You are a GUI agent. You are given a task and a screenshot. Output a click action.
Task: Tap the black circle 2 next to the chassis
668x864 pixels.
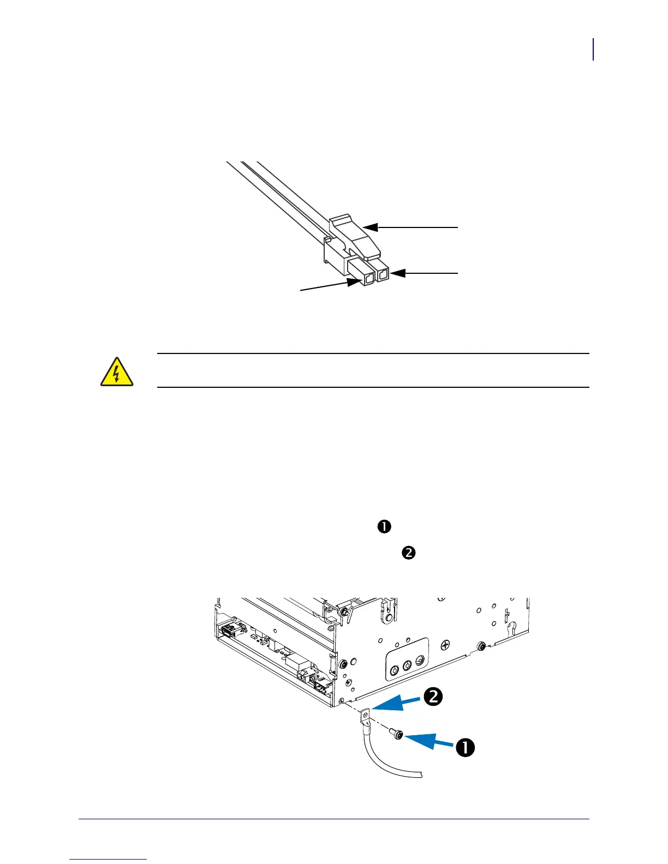433,698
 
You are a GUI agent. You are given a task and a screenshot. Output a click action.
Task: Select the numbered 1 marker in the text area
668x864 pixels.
384,526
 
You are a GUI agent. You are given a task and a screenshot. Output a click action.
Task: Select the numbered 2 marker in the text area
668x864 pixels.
409,553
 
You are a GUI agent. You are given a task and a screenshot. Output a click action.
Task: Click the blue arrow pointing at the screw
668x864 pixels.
428,741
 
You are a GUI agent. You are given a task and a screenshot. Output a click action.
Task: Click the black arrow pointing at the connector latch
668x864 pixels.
409,227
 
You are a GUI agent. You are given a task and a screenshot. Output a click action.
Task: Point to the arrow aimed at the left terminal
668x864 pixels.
327,286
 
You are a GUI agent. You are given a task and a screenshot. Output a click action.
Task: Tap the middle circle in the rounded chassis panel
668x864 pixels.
407,666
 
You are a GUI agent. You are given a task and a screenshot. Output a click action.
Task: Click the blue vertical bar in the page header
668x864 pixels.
593,50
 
